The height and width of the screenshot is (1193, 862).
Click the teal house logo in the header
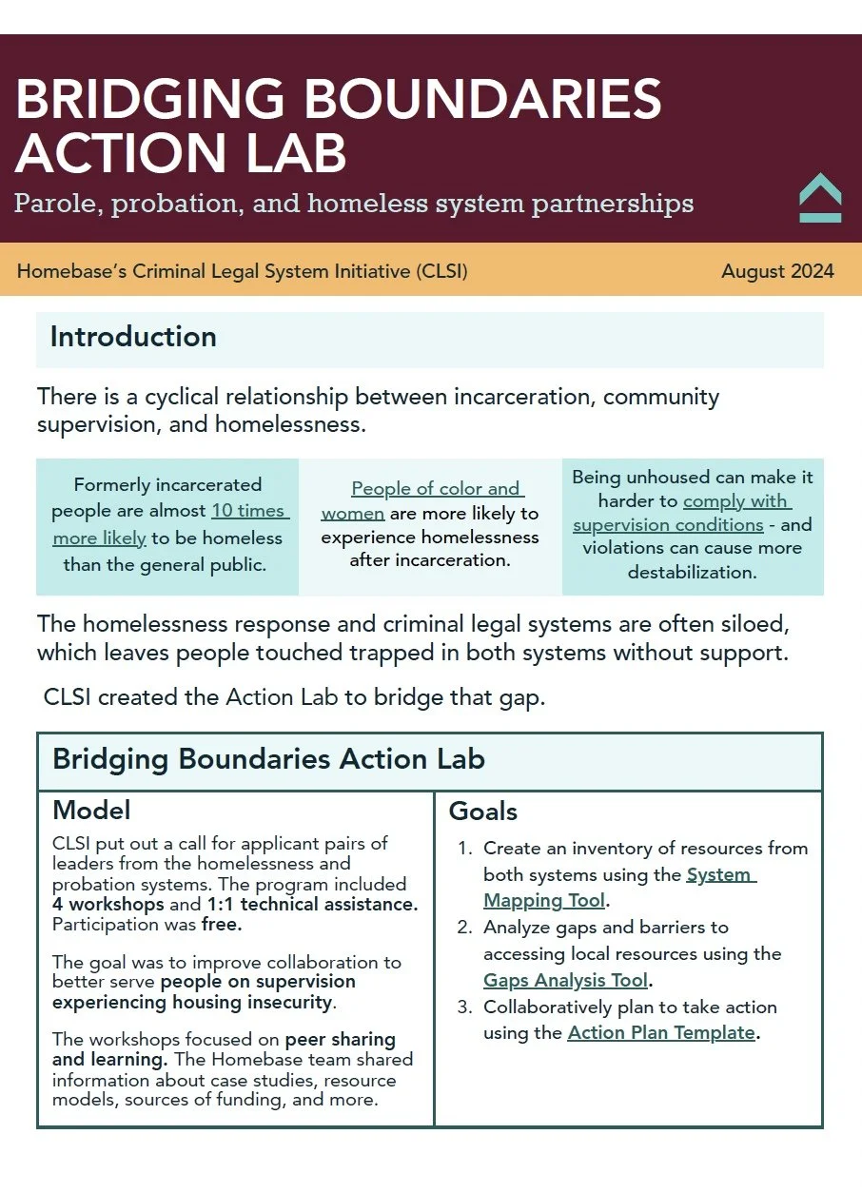820,197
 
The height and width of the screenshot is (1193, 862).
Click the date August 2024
777,271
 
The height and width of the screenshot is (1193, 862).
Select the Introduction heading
133,337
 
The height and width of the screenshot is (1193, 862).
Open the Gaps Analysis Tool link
565,980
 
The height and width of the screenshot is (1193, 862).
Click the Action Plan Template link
660,1032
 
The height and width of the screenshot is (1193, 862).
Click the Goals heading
483,812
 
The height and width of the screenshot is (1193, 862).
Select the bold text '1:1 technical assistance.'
312,904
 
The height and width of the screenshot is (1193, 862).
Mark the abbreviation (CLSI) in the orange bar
441,271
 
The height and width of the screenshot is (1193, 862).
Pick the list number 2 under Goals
464,927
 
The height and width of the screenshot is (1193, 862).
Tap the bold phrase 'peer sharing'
340,1040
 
